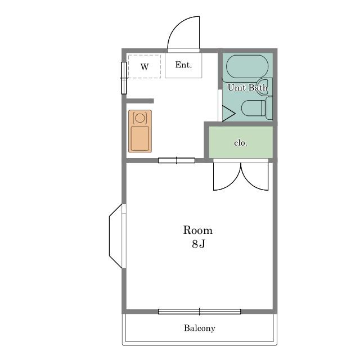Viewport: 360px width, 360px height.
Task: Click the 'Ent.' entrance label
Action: pos(183,65)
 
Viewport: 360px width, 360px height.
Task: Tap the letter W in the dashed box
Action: pos(145,67)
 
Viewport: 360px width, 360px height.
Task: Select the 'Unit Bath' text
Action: pos(247,88)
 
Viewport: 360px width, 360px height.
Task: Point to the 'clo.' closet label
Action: pos(241,143)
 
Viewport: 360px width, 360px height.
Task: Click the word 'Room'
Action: pos(198,230)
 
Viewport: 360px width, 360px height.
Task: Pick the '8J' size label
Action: pos(199,244)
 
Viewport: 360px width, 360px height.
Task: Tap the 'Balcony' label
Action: pos(200,328)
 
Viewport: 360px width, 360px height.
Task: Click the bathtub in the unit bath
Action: pos(247,66)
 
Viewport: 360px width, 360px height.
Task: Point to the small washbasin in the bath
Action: pos(263,87)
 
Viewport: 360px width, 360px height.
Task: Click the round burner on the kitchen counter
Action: pos(140,118)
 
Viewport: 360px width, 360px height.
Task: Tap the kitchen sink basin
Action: pos(140,138)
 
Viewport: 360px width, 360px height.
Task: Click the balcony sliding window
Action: pos(200,312)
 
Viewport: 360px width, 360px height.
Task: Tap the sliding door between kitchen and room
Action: pos(177,160)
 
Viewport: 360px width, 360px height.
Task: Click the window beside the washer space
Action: pos(124,78)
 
